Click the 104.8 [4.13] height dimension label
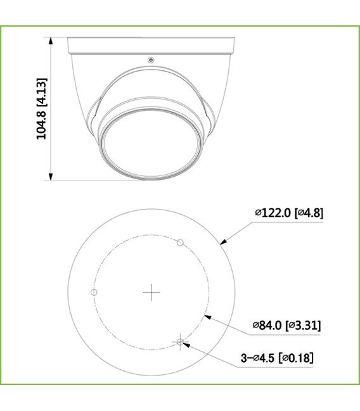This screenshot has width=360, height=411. tap(41, 108)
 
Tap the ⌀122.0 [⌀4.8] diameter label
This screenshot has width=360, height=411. tap(289, 213)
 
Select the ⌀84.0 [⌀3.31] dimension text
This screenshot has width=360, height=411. tap(286, 326)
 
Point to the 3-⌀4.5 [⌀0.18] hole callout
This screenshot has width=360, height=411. tap(277, 358)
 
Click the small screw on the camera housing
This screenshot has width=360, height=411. tap(151, 61)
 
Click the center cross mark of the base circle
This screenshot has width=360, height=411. tap(151, 292)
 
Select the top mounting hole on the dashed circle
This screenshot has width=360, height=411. tap(180, 242)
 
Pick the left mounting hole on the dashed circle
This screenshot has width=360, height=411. tap(94, 292)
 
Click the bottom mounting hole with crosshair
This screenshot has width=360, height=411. tap(181, 342)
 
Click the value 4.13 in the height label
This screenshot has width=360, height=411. tap(41, 91)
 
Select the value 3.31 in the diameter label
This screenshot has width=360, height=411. tap(307, 326)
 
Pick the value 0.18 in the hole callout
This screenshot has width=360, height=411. tap(300, 358)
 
